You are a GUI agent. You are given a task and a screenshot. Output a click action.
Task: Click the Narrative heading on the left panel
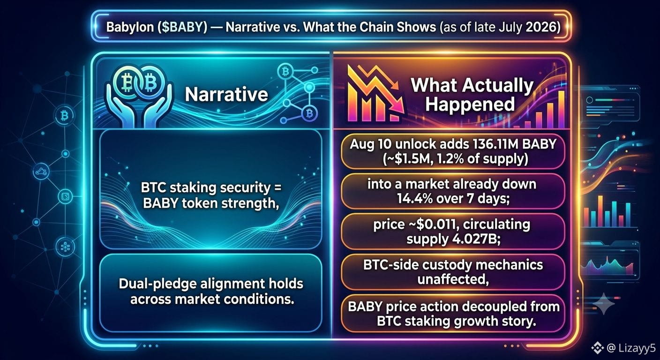pyautogui.click(x=226, y=94)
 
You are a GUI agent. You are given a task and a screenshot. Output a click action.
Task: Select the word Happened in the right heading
pyautogui.click(x=470, y=104)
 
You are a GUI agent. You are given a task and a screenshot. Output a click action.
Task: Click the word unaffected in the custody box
pyautogui.click(x=453, y=279)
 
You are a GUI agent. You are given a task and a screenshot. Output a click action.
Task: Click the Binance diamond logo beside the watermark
pyautogui.click(x=598, y=348)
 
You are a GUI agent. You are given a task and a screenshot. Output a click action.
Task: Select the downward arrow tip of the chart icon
pyautogui.click(x=401, y=110)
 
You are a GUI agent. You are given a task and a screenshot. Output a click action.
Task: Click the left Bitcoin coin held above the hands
pyautogui.click(x=127, y=83)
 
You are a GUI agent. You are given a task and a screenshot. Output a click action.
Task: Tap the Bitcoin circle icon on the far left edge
pyautogui.click(x=64, y=115)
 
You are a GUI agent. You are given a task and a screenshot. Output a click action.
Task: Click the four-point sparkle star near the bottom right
pyautogui.click(x=604, y=304)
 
